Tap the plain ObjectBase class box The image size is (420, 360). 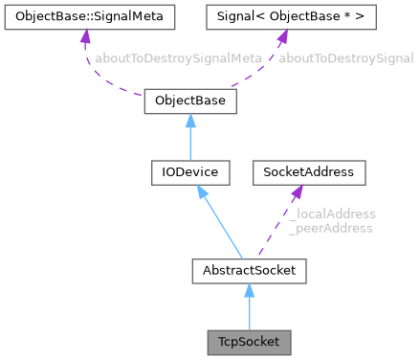coord(189,101)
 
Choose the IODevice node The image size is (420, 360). coord(189,172)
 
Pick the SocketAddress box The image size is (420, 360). coord(303,172)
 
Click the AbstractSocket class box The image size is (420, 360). coord(249,271)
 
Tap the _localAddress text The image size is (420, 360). coord(331,214)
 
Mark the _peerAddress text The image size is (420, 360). coord(330,228)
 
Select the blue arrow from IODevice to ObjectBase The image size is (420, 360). coord(189,139)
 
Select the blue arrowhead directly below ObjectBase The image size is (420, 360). coord(189,121)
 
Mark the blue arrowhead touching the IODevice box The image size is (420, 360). coord(201,191)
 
